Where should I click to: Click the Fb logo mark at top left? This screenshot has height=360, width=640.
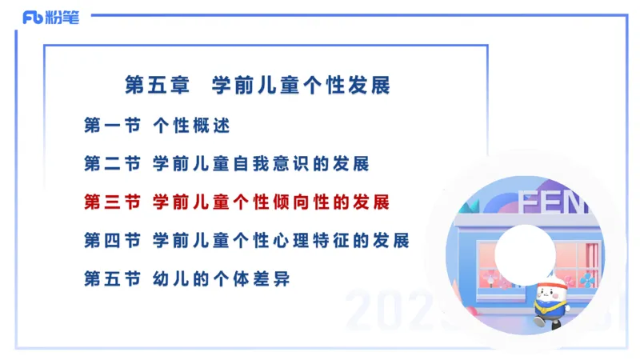(x=33, y=17)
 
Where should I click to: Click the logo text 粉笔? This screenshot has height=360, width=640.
(x=63, y=17)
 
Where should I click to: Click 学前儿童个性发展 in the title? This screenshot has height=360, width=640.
(x=301, y=84)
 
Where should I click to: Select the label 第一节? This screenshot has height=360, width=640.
(x=112, y=126)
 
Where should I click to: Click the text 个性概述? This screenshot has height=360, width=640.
(x=191, y=126)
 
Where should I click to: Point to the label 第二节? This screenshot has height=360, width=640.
(x=112, y=164)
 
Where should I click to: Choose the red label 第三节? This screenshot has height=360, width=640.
(x=112, y=202)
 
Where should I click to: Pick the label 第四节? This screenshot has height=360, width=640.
(x=112, y=240)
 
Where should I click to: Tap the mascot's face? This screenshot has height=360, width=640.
(x=549, y=293)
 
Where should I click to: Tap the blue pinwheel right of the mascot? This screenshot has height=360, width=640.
(x=587, y=279)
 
